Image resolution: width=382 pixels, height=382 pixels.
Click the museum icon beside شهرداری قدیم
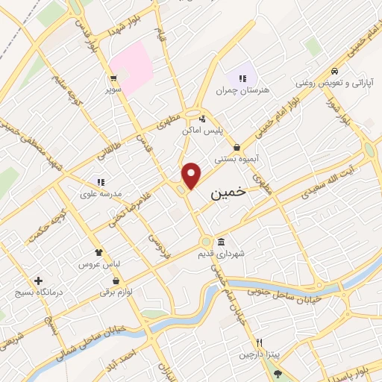[x=222, y=242]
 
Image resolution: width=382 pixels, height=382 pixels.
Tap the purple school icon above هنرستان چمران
[x=242, y=78]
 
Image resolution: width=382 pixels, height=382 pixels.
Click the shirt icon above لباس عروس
[x=98, y=252]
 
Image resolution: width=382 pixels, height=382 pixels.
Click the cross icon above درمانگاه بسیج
[x=37, y=281]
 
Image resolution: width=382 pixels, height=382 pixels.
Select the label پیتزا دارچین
[x=257, y=354]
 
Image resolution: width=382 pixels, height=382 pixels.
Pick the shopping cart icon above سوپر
[x=113, y=78]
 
